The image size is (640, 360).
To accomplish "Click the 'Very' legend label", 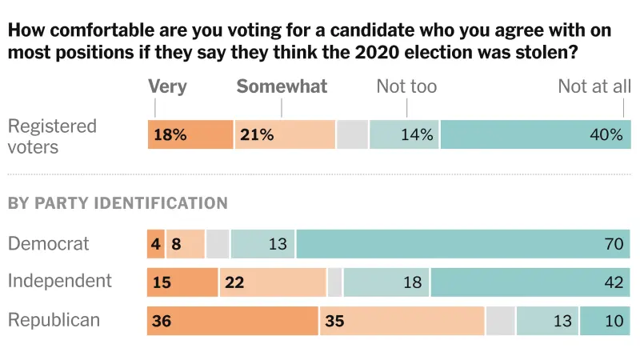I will point(167,86).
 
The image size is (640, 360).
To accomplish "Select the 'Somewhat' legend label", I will point(282,86).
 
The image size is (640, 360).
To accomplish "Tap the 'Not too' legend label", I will point(406,86).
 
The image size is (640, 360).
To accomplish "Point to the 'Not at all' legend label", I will point(594,86).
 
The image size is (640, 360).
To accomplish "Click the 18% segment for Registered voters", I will point(190,134).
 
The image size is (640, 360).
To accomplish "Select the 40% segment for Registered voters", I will point(535,134).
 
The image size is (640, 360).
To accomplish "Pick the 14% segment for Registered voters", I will point(404,134).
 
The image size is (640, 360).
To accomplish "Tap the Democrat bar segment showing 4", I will point(156,244).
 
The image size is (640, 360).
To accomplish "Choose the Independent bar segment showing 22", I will point(273,282).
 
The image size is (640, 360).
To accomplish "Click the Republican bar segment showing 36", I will point(233,321).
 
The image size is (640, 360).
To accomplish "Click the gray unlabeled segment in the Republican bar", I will point(501,321).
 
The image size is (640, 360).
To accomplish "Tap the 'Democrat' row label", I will point(49,243).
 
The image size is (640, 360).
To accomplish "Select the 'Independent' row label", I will point(60,282).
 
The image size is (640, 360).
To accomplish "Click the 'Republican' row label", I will point(54,320).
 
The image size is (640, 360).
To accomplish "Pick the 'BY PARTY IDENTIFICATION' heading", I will point(118,203).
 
